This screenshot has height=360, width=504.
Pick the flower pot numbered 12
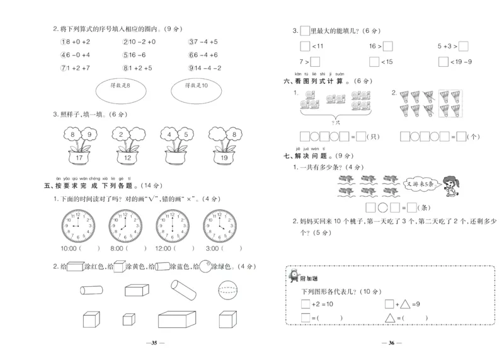[129, 158]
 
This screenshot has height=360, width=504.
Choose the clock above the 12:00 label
[171, 225]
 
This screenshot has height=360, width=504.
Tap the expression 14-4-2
[206, 68]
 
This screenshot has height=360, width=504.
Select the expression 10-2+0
[140, 42]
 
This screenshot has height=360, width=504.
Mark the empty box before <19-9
[444, 62]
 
